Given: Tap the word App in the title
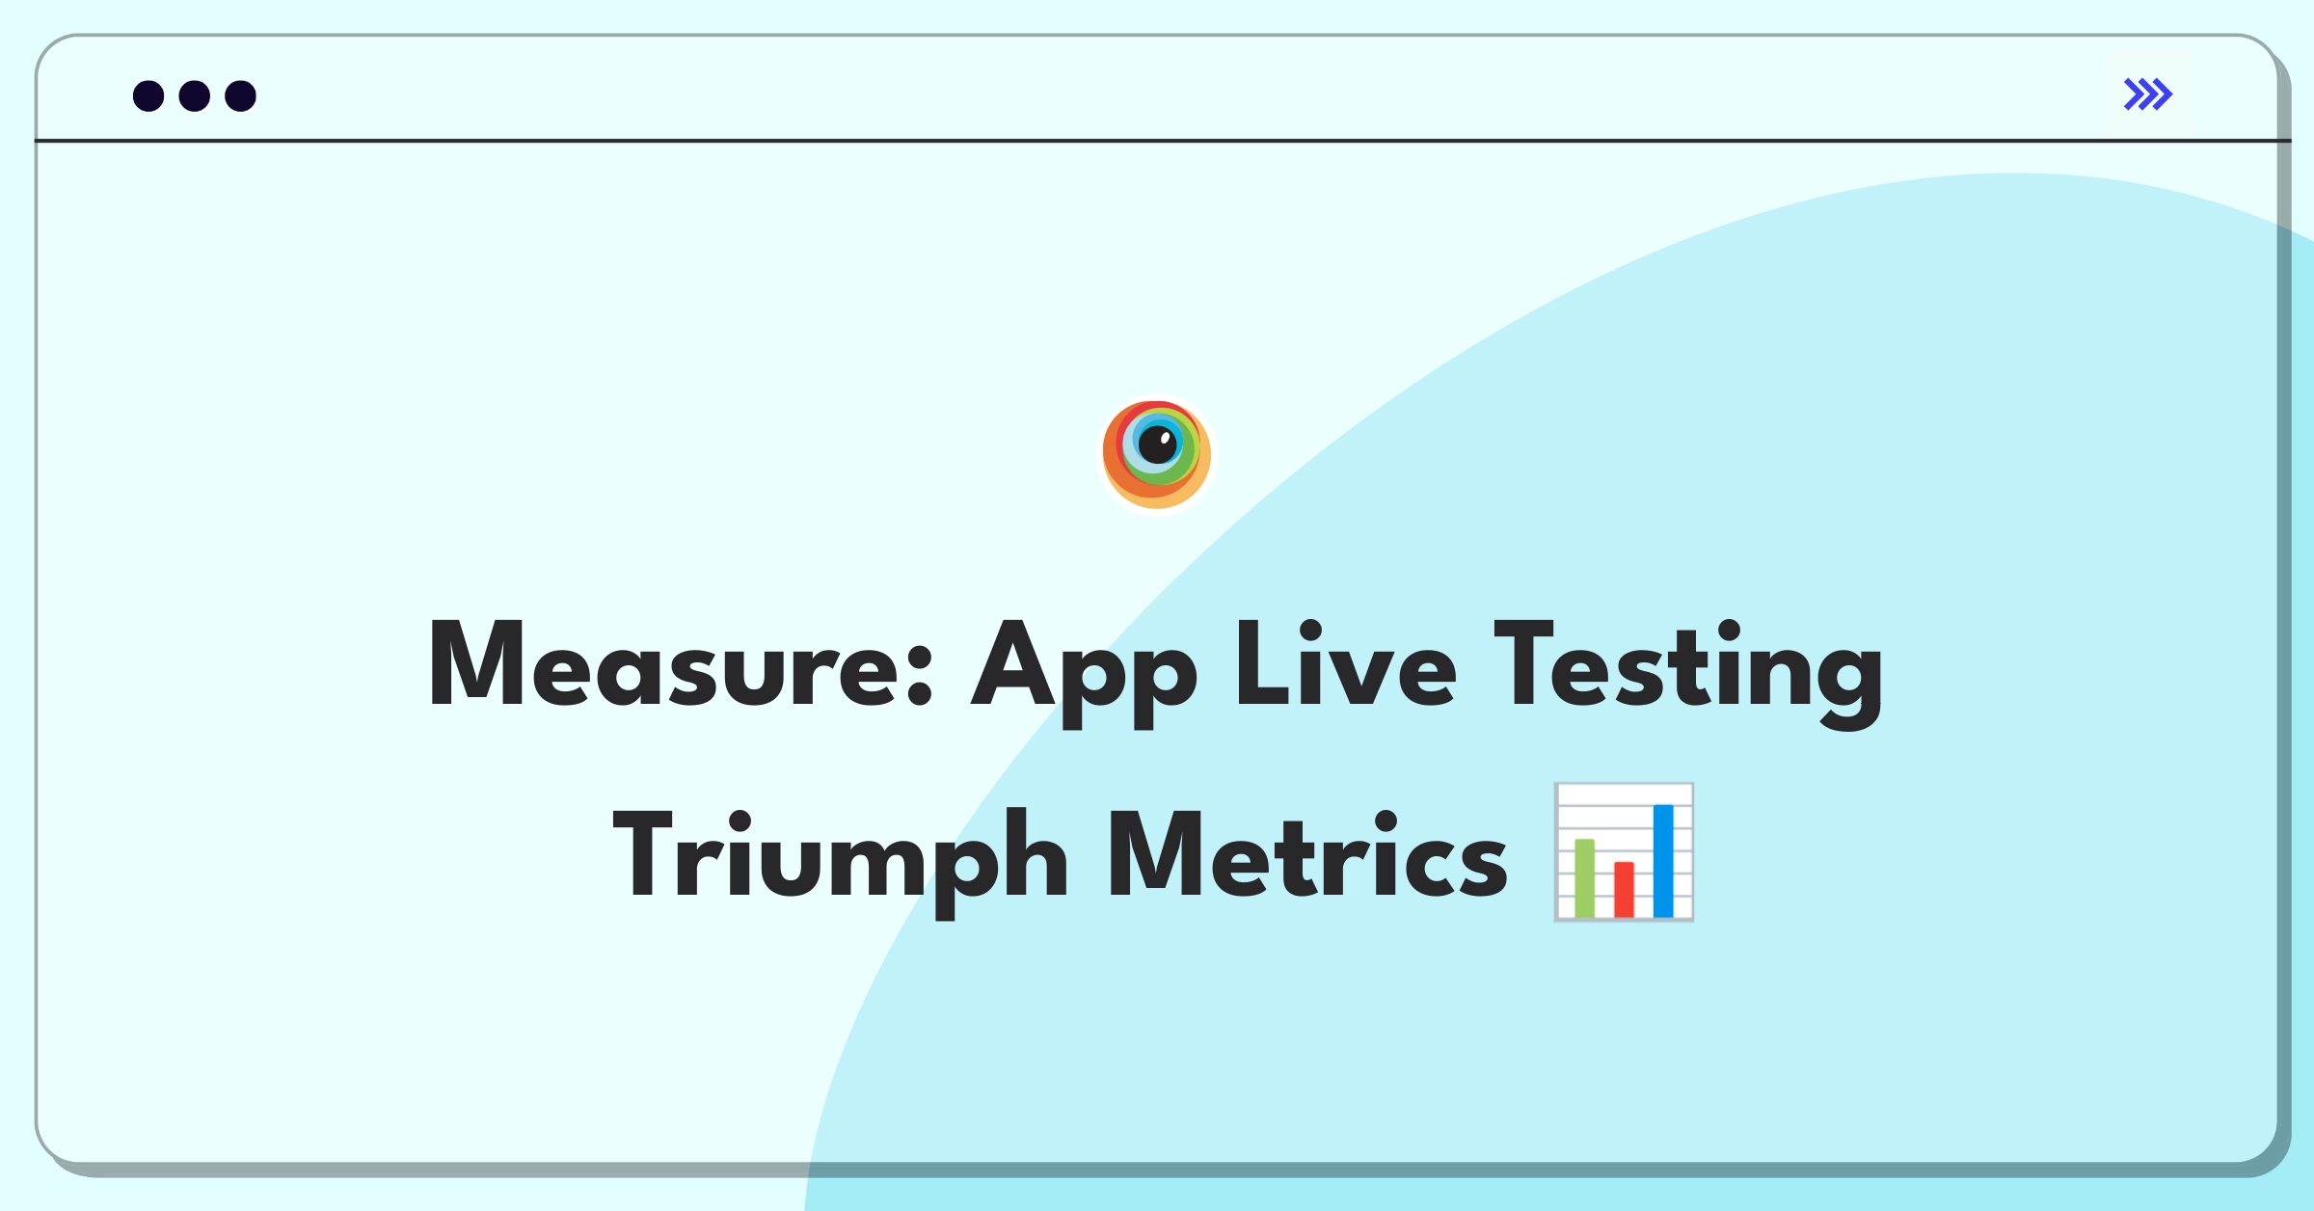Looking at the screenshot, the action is [1084, 673].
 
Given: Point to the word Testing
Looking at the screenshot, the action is [1688, 673].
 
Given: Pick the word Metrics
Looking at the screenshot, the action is [1307, 853].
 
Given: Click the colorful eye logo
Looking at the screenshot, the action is [1157, 454].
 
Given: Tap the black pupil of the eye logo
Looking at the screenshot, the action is [1158, 444].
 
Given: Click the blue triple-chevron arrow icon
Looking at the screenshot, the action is [2147, 94].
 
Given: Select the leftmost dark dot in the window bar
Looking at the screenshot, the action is [148, 95].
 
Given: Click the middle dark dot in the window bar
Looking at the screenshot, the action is [195, 95].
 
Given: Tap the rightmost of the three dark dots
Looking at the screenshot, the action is [241, 95].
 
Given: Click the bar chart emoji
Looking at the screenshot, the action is [1625, 852].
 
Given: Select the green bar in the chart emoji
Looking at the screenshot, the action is [1584, 878].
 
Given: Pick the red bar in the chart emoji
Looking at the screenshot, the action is [1625, 889].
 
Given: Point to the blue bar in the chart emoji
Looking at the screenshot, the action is [1663, 861].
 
